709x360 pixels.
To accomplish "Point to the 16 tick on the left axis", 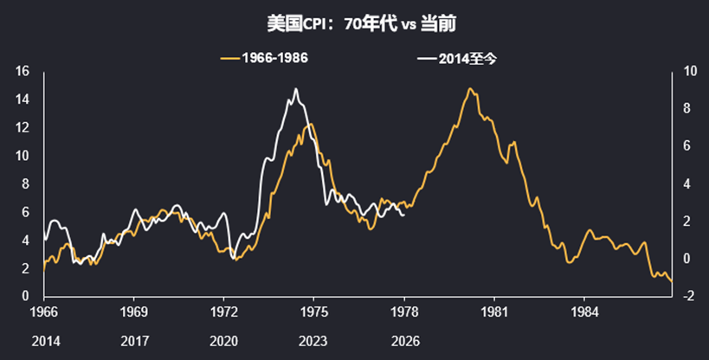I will coord(23,71).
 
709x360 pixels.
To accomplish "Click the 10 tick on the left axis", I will coord(23,156).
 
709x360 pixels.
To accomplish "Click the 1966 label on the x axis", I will coord(44,311).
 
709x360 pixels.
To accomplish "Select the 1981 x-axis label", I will coord(493,311).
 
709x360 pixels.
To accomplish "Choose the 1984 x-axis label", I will coord(583,311).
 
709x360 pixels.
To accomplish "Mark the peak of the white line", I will coord(296,89).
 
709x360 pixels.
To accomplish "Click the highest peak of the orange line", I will coord(470,88).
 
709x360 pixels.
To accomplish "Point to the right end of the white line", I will coord(404,215).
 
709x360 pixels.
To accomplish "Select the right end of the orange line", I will coord(672,282).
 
